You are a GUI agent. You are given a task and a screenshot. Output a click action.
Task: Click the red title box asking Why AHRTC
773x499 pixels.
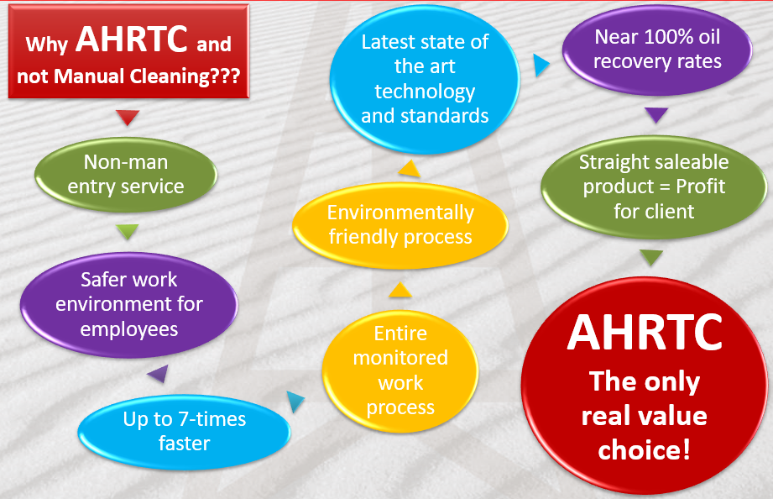coord(128,51)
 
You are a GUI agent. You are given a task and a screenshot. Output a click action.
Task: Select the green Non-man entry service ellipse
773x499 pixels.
coord(126,175)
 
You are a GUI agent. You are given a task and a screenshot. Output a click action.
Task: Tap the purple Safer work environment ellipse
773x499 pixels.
coord(129,305)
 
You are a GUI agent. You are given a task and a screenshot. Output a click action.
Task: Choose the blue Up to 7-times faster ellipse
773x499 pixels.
coord(185,432)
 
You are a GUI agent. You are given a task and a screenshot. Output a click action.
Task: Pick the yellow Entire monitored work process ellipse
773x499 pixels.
coord(400,370)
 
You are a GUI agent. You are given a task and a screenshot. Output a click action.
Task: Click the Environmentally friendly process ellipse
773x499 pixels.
coord(400,225)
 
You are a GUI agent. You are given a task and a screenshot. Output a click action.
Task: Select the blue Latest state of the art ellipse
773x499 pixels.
coord(425,79)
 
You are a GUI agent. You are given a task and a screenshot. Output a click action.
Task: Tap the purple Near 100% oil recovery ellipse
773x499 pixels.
coord(657,50)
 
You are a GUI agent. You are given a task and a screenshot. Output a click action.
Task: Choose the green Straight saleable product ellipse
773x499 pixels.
coord(654,187)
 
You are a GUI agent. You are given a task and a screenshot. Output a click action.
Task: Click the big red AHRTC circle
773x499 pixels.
coord(645,385)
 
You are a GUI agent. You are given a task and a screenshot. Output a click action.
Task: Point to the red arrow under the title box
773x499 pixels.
coord(128,117)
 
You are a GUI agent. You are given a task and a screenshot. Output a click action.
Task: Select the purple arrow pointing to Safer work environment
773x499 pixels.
coord(159,374)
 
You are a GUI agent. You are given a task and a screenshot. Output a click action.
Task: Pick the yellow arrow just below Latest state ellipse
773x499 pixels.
coord(410,168)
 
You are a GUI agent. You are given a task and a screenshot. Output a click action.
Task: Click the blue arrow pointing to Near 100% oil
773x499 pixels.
coord(541,66)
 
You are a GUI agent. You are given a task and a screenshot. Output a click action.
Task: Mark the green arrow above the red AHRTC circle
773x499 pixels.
coord(651,257)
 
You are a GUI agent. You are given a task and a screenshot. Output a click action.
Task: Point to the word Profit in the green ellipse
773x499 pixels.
coord(701,186)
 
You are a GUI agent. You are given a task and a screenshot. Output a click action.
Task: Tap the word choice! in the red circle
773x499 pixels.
coord(644,449)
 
